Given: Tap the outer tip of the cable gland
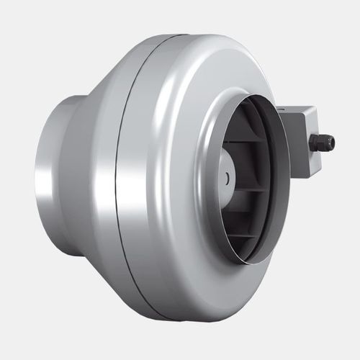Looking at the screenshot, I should (333, 143).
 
